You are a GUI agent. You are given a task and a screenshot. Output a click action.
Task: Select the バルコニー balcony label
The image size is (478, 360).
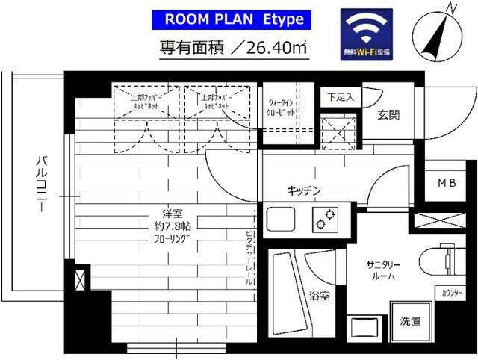coord(43,179)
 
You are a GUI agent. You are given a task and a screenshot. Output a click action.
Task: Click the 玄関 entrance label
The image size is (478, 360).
coord(388,114)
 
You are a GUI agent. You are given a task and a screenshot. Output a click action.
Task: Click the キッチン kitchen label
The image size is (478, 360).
coord(304,191)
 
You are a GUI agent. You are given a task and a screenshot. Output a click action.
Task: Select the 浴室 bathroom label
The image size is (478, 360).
coord(320,296)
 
